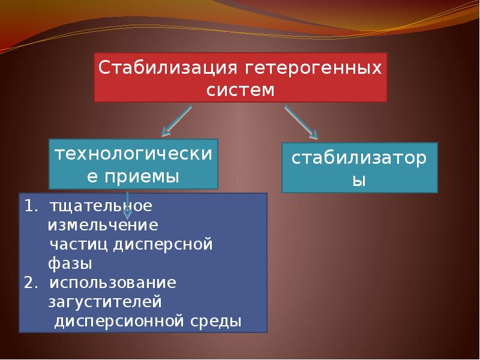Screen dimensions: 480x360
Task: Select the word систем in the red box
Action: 240,91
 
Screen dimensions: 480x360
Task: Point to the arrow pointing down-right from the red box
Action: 301,121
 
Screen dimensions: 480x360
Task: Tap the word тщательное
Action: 100,206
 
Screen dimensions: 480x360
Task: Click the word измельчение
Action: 103,225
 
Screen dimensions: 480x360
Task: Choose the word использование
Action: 112,282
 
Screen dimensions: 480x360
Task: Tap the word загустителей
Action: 106,301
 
